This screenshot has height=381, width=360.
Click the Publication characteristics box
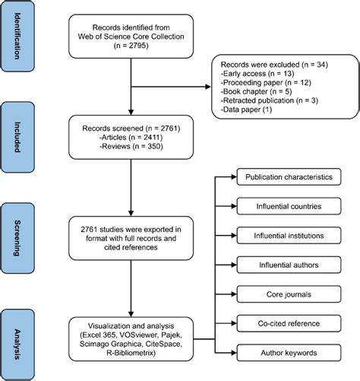point(289,178)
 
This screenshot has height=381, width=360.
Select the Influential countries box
point(289,207)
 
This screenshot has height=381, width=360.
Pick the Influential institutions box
point(289,236)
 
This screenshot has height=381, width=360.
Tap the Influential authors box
point(289,265)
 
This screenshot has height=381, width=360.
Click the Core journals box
point(289,294)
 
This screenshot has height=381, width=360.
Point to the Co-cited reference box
point(289,322)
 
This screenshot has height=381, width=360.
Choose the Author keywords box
point(289,351)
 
